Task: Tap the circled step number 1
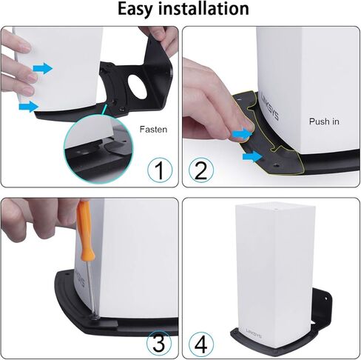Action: (159, 170)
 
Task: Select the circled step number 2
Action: (200, 170)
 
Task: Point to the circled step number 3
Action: (159, 342)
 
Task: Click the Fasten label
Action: (153, 128)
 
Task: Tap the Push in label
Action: (324, 120)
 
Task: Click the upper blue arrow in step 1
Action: (43, 68)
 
